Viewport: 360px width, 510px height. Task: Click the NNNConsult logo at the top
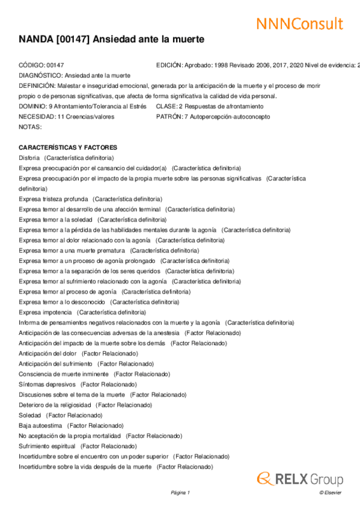pos(299,23)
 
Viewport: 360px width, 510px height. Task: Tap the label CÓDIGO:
pos(32,65)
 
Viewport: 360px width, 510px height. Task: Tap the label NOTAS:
pos(30,127)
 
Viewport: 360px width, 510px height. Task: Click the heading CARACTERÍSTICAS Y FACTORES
pos(68,148)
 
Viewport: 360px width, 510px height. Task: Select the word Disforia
pos(29,158)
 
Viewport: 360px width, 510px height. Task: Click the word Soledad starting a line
pos(30,416)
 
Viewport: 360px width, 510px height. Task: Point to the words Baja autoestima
pos(40,426)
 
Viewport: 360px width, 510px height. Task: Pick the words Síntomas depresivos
pos(47,384)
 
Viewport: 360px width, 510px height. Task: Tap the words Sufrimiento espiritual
pos(47,446)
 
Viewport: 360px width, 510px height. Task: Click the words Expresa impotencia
pos(45,313)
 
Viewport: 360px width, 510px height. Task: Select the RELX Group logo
pos(300,479)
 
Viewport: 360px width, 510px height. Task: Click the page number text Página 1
pos(180,493)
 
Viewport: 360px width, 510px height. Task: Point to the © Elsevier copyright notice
pos(330,493)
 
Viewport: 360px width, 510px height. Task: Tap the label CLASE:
pos(166,106)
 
